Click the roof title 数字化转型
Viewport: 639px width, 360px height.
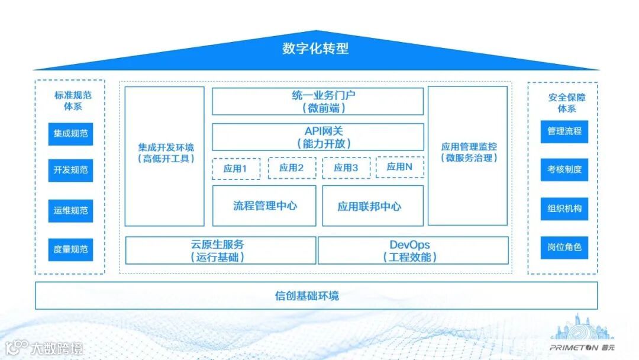coord(315,49)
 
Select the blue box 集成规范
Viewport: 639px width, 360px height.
coord(70,134)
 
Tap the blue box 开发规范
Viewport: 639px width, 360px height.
coord(70,170)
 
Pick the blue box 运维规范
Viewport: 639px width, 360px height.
coord(70,210)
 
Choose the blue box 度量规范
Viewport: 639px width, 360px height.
coord(70,249)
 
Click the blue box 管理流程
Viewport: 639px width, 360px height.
coord(564,131)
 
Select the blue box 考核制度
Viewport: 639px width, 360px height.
coord(564,169)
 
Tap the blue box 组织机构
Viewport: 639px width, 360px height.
coord(564,208)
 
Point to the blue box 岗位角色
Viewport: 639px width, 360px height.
coord(564,247)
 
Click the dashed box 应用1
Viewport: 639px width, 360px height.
coord(235,168)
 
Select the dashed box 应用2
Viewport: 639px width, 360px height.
coord(292,168)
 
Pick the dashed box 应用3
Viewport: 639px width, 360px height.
coord(346,168)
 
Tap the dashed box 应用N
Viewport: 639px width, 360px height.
coord(399,167)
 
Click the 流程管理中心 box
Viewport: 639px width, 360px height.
coord(264,206)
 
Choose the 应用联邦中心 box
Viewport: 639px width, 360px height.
coord(373,206)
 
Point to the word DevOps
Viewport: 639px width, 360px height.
coord(409,245)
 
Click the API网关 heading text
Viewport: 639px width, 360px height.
coord(318,131)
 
